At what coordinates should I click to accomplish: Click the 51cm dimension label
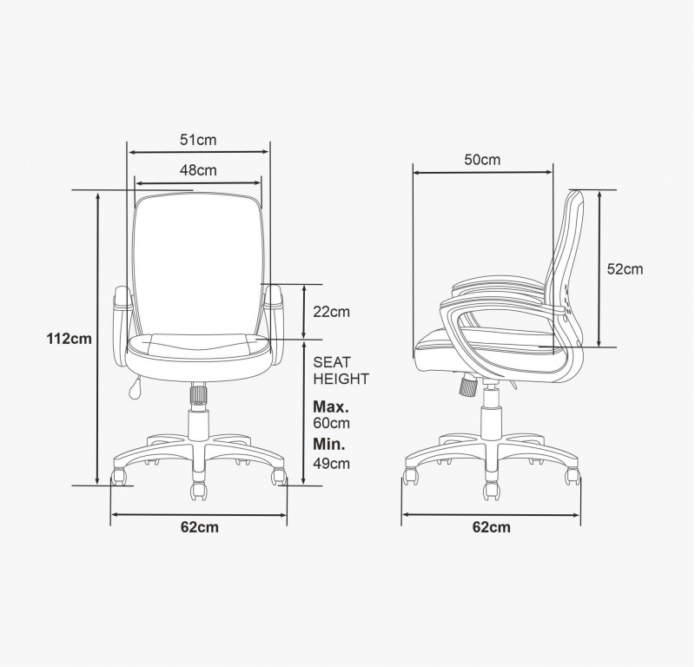point(198,140)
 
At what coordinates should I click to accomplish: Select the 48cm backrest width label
point(198,170)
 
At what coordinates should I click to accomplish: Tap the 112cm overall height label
point(69,339)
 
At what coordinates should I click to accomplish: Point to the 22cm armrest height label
point(332,312)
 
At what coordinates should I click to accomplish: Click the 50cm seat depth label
point(482,160)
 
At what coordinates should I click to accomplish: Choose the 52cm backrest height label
point(625,269)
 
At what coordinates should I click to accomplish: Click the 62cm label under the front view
point(200,527)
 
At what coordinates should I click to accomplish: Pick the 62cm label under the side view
point(491,527)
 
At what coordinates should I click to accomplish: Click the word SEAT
point(332,362)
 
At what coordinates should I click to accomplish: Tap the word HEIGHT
point(341,380)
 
